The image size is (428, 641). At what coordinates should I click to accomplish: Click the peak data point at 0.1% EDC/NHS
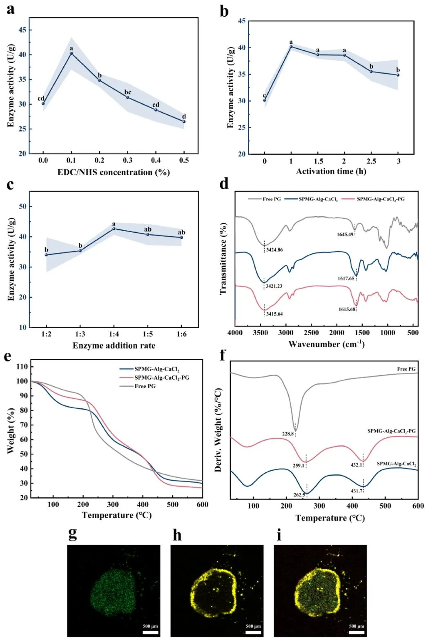[71, 53]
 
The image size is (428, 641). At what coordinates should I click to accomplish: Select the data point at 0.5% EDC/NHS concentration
[184, 122]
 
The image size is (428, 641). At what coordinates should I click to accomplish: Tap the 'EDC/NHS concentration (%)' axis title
[114, 172]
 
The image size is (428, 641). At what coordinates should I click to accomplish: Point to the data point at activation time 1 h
[291, 47]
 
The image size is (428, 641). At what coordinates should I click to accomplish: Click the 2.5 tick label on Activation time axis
[371, 161]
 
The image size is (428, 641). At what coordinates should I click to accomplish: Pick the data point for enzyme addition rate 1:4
[114, 229]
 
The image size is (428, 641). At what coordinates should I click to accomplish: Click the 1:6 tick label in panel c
[181, 334]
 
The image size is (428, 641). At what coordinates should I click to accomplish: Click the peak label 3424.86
[274, 249]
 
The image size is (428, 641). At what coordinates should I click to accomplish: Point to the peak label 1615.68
[346, 309]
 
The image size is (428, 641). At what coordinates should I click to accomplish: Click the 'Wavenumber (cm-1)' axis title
[326, 344]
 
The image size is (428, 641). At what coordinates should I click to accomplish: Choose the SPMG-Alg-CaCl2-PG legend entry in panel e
[162, 378]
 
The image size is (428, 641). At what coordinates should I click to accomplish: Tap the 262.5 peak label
[299, 495]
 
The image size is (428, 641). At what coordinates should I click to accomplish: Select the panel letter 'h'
[177, 535]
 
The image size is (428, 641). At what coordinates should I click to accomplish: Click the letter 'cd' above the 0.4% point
[156, 105]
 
